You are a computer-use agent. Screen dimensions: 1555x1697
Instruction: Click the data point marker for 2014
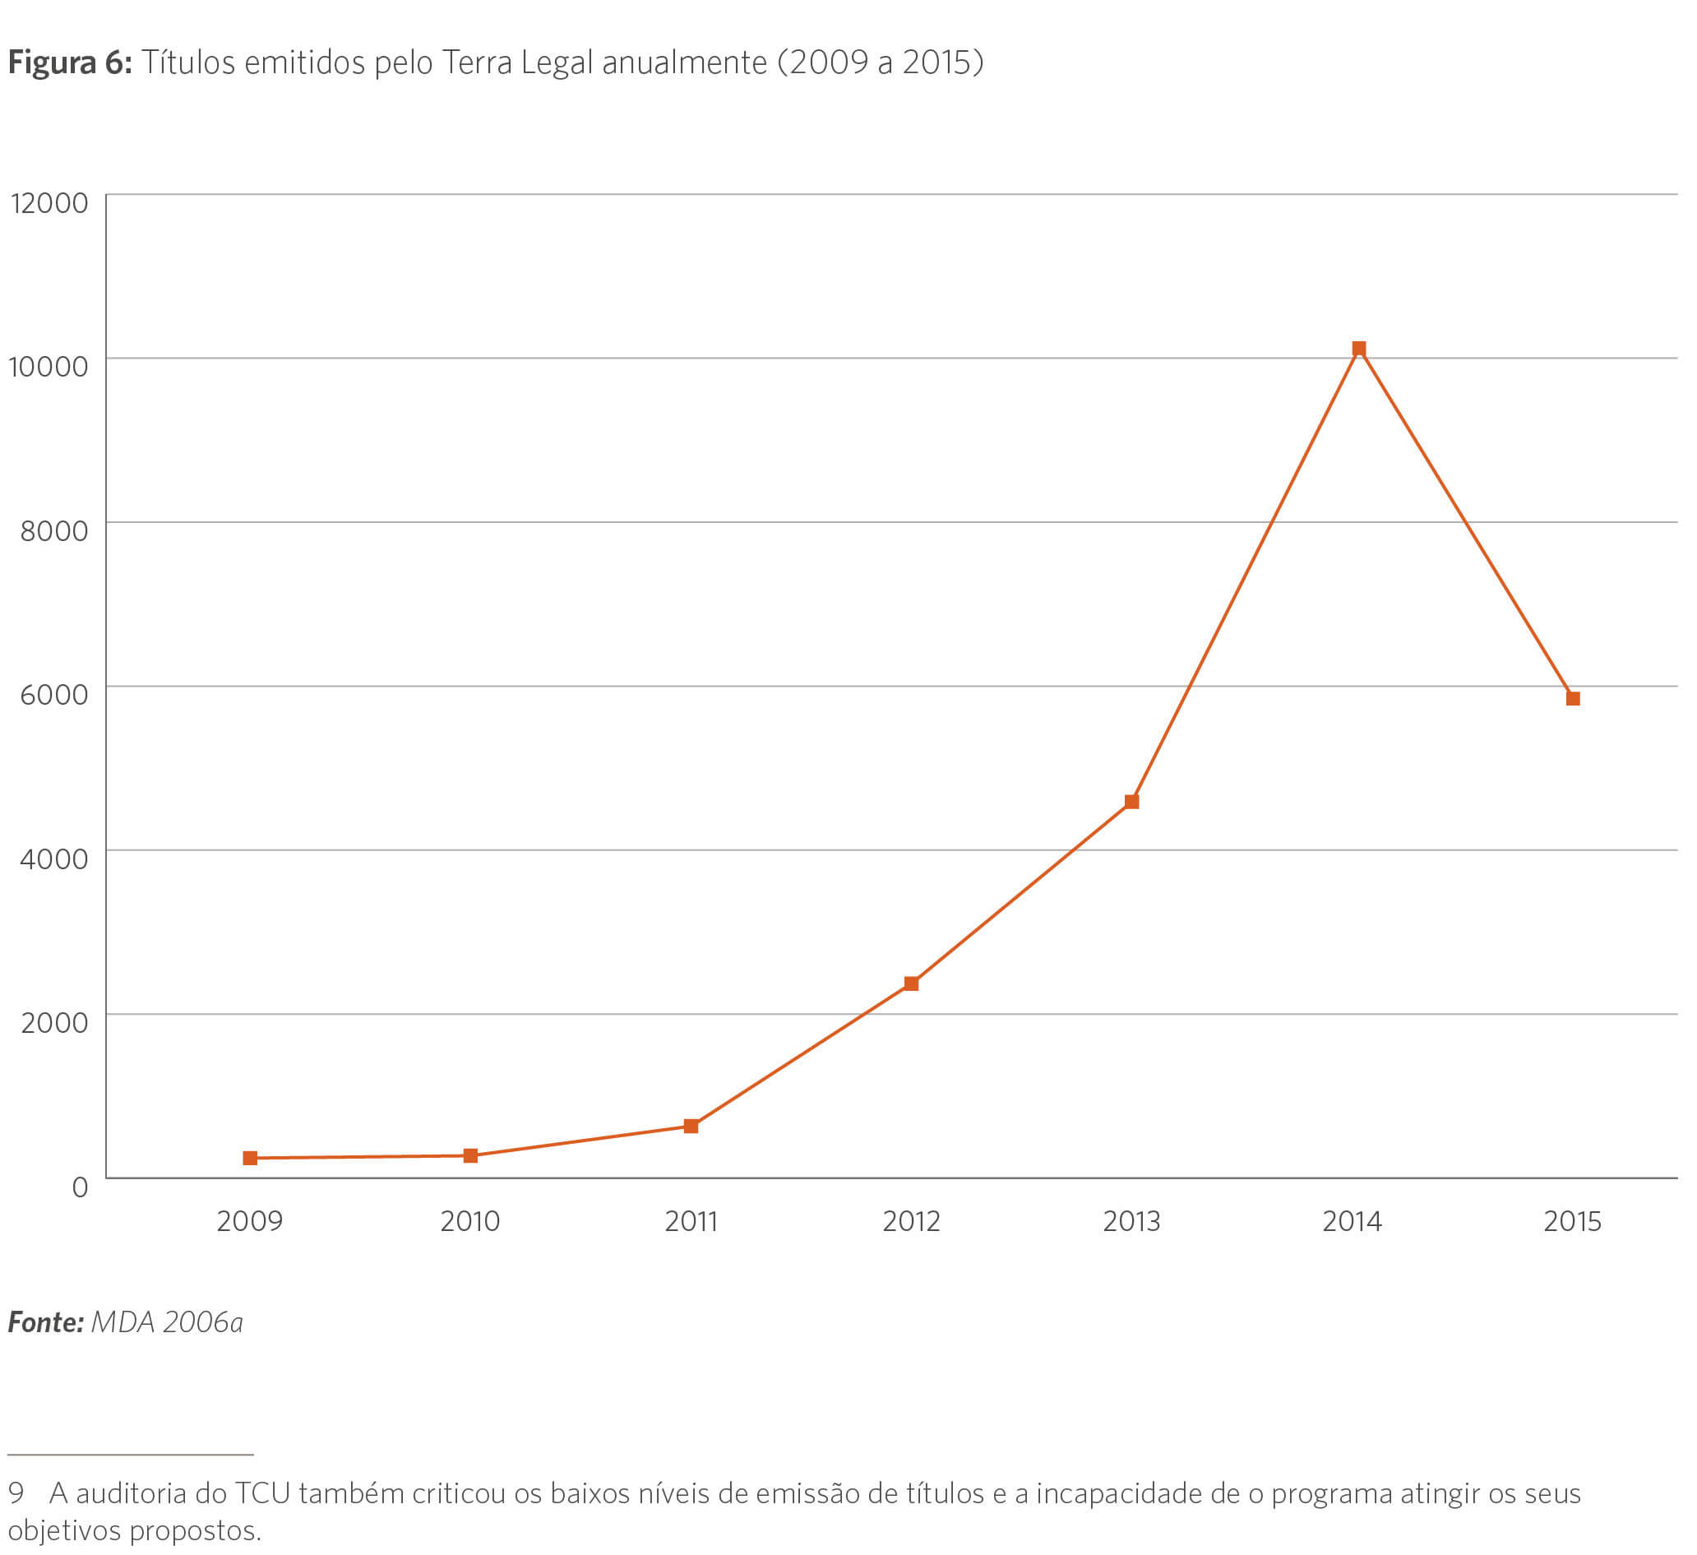point(1358,349)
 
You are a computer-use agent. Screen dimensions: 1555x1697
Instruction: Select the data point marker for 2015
point(1572,699)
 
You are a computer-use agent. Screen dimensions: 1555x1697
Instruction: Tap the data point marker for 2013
point(1131,802)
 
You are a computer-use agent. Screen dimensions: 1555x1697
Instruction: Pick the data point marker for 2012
point(911,983)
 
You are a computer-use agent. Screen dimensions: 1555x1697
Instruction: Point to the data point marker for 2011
point(691,1127)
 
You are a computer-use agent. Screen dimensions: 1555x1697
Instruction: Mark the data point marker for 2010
point(470,1156)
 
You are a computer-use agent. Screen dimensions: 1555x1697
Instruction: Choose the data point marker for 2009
point(250,1159)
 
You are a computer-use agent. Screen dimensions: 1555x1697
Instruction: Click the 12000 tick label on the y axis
point(49,203)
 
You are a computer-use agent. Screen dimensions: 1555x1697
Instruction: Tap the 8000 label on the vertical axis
point(54,531)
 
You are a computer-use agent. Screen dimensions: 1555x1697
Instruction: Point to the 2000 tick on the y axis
point(54,1023)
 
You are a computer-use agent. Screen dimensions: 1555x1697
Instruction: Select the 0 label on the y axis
point(80,1187)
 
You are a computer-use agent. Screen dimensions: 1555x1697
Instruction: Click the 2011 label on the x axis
point(691,1222)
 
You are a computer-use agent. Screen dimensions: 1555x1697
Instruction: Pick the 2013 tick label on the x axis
point(1131,1222)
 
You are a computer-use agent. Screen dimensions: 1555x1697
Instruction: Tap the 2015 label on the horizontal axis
point(1571,1222)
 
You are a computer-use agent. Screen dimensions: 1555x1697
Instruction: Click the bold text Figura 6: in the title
point(70,63)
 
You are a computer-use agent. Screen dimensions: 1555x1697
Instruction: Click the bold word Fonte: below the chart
point(45,1322)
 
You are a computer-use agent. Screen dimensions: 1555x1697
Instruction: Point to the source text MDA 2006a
point(167,1322)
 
